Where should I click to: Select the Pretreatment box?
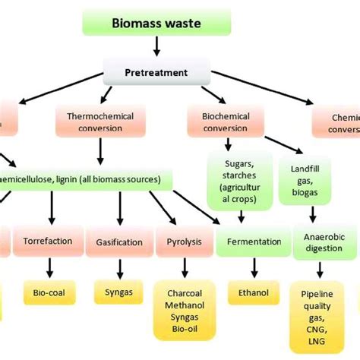[157, 74]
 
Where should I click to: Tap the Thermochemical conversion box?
[95, 122]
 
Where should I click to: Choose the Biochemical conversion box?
[226, 122]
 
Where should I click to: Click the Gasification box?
[119, 242]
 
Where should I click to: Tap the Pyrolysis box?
[182, 242]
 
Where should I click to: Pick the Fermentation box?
[248, 242]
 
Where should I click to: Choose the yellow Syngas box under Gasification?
[118, 292]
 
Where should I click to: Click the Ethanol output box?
[249, 292]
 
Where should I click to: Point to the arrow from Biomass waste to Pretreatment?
[156, 47]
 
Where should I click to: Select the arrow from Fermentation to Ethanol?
[249, 267]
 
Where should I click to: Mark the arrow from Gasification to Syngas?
[118, 267]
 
